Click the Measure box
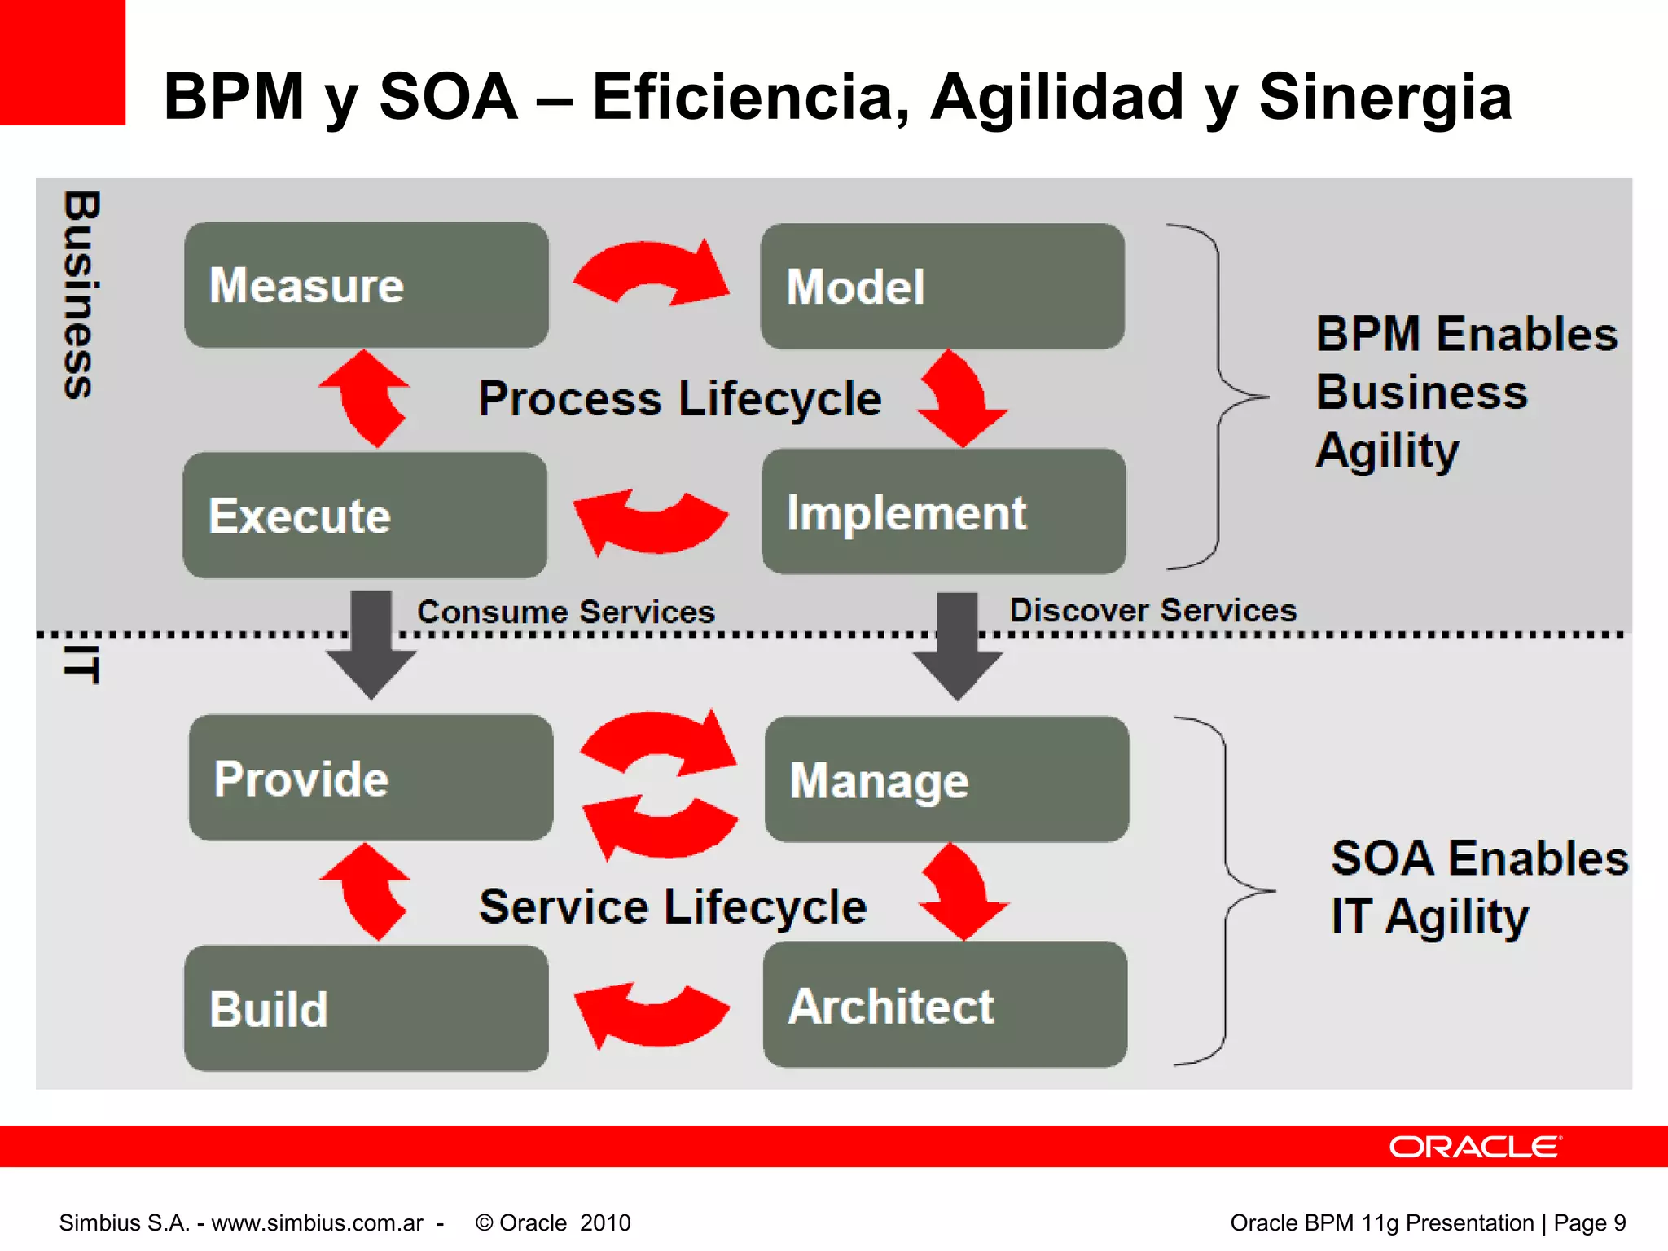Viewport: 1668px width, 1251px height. click(366, 285)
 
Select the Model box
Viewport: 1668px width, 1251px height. click(942, 287)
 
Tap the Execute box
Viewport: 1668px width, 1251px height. click(365, 516)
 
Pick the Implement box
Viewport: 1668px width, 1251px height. click(943, 512)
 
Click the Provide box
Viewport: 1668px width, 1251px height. click(371, 778)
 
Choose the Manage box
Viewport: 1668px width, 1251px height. click(946, 779)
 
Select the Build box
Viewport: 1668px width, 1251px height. click(366, 1008)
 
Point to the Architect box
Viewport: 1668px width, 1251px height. click(945, 1005)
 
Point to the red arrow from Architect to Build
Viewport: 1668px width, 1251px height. click(651, 1015)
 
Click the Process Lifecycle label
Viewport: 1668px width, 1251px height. click(679, 398)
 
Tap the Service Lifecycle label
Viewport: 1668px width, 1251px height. click(673, 906)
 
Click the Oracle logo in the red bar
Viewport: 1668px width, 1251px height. click(1475, 1147)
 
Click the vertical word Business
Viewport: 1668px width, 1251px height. click(81, 295)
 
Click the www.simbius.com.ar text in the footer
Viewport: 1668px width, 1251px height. click(318, 1222)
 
